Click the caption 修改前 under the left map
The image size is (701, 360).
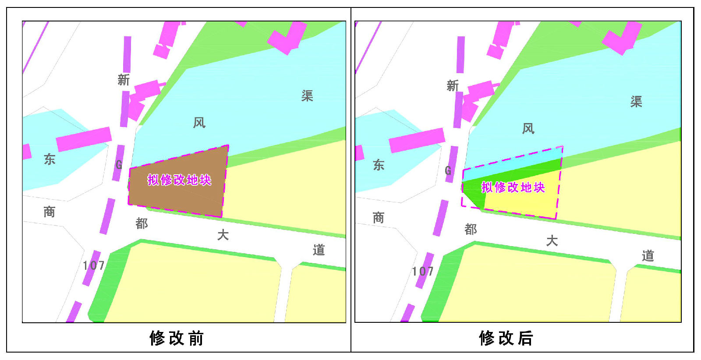coord(177,338)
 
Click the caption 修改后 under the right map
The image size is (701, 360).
coord(506,338)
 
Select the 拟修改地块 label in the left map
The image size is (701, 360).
coord(179,180)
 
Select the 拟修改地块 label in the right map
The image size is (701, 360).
coord(513,187)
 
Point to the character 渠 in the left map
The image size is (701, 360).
coord(307,96)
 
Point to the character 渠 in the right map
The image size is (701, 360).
coord(636,102)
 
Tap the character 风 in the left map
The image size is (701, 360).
coord(199,123)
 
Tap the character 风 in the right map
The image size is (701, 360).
coord(528,129)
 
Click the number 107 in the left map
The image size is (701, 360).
coord(94,265)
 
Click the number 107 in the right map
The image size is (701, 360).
coord(423,272)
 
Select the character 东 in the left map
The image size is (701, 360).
coord(50,159)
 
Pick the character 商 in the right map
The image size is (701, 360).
coord(379,218)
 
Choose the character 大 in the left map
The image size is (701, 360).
coord(223,235)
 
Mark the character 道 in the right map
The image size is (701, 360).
coord(648,256)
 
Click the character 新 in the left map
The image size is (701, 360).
coord(124,80)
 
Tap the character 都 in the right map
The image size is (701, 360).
coord(471,229)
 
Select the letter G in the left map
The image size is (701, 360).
coord(119,165)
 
